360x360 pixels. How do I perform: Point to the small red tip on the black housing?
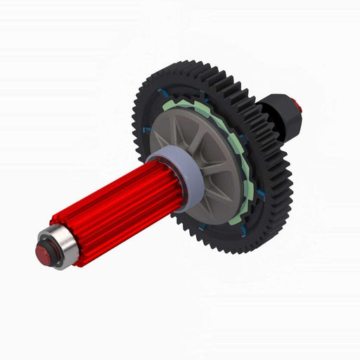[297, 107]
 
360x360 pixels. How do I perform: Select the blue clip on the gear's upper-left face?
[163, 94]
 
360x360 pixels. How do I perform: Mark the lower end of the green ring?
[235, 219]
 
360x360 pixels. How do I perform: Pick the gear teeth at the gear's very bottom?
[232, 250]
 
